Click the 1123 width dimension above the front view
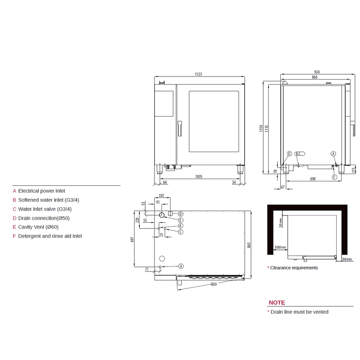(x=198, y=74)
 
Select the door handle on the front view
(x=180, y=129)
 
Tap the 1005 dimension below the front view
(x=199, y=176)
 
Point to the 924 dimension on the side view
(x=317, y=72)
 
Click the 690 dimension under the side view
(x=313, y=179)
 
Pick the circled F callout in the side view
(x=334, y=177)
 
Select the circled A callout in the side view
(x=333, y=153)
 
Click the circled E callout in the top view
(x=181, y=220)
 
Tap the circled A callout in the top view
(x=181, y=266)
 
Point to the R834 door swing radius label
(x=213, y=284)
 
